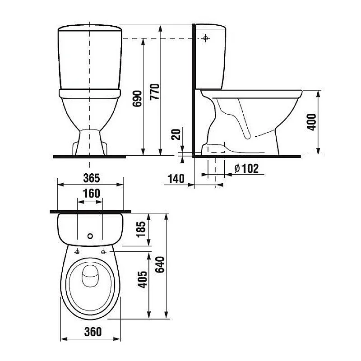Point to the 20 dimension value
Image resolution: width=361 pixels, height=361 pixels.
click(176, 134)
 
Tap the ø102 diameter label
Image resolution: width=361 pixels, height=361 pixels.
click(247, 169)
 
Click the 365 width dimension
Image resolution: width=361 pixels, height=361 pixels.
click(91, 178)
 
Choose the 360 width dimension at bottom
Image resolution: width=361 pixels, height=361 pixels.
click(92, 332)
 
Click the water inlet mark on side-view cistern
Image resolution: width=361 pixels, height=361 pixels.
click(206, 38)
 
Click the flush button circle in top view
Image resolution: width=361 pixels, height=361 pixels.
click(90, 236)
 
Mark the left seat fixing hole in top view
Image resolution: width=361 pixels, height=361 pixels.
click(78, 251)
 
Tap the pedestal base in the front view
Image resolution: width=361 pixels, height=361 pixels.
click(90, 143)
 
